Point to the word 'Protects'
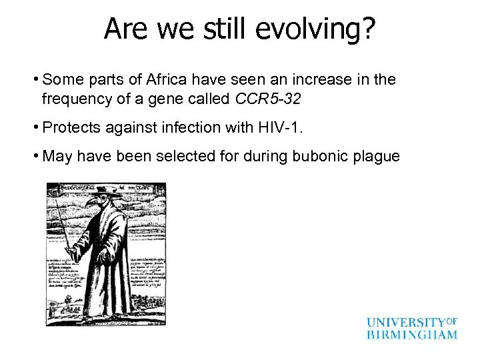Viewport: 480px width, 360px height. click(68, 128)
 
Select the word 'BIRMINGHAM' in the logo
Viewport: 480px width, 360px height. click(412, 335)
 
